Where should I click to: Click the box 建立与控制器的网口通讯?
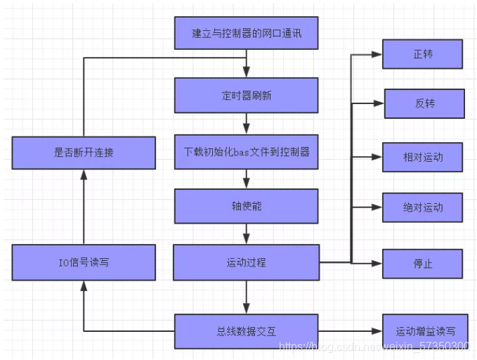246,33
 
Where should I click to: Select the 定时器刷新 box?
246,95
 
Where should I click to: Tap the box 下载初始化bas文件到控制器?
246,151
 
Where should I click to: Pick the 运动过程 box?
246,262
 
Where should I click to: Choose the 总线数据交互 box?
246,331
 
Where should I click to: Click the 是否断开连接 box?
84,152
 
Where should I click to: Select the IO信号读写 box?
84,262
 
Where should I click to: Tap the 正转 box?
422,54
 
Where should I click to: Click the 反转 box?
424,103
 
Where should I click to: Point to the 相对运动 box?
422,157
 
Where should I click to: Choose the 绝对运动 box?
422,208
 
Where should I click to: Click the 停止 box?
422,264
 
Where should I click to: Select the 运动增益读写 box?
425,331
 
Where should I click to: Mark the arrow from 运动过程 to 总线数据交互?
246,297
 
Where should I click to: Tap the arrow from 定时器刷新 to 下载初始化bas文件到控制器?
246,123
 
